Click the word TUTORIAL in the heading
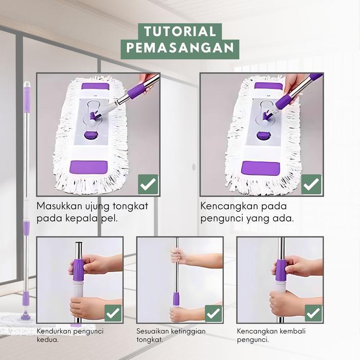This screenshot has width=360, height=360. tap(180, 31)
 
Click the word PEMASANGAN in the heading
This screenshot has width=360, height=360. tap(180, 47)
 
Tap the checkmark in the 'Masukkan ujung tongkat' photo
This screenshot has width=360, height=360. tap(148, 184)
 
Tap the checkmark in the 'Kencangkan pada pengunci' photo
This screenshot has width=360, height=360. tap(311, 184)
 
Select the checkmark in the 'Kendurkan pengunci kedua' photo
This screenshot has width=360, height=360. tap(113, 313)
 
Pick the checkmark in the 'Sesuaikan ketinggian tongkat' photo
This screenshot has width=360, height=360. tap(213, 313)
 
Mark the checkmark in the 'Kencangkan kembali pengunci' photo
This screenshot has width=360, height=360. tap(313, 313)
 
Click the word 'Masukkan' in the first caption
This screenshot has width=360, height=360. tap(60, 206)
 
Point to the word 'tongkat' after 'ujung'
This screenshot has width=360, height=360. tap(131, 206)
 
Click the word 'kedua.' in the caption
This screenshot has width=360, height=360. tap(48, 339)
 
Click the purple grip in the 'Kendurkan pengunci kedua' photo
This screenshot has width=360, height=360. tap(78, 269)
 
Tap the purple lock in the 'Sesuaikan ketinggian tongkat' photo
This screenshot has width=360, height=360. tap(176, 299)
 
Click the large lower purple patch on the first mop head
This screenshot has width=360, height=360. tap(88, 167)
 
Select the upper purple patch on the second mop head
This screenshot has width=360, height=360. tap(268, 86)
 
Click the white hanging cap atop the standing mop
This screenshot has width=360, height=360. tap(27, 84)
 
